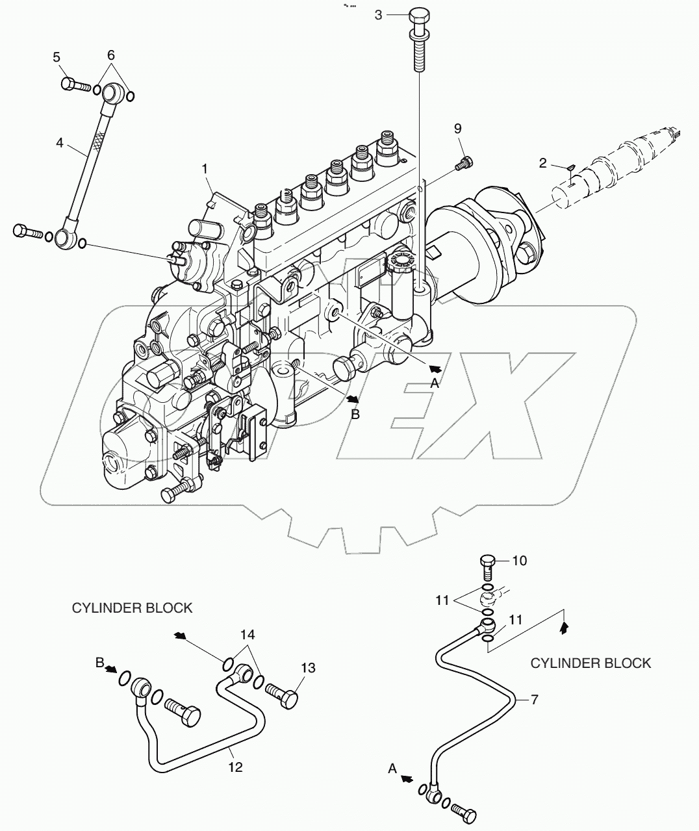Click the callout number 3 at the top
point(379,14)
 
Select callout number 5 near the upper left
point(57,57)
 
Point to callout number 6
point(110,56)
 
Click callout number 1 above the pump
point(205,169)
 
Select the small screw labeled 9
point(464,163)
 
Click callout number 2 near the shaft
point(543,164)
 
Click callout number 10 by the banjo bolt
point(520,560)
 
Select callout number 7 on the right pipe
point(535,700)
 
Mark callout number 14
point(248,633)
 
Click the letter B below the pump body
point(355,413)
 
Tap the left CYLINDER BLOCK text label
point(132,608)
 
